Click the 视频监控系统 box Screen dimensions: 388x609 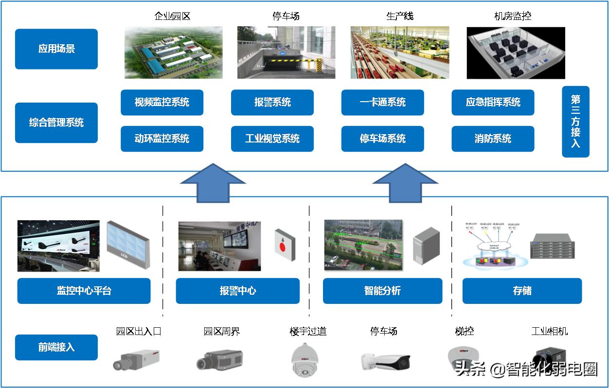tap(161, 102)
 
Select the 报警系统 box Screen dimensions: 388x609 tap(272, 102)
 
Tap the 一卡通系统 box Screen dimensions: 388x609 tap(382, 102)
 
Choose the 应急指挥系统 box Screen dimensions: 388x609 tap(493, 102)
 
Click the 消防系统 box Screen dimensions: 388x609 tap(493, 139)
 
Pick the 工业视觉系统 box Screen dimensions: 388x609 tap(272, 139)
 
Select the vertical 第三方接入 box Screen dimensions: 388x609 tap(575, 122)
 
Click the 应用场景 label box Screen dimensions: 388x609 tap(56, 49)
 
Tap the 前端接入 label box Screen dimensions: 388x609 tap(56, 347)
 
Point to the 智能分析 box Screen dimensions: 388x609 tap(382, 291)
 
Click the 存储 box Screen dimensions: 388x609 tap(522, 291)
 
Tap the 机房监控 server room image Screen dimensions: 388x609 tap(516, 53)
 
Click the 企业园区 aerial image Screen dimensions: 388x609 tap(174, 53)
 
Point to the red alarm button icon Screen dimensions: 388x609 tap(285, 245)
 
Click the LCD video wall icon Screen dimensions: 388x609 tap(128, 245)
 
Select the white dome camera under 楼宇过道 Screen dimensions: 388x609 tap(304, 360)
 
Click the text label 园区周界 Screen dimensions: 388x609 tap(222, 332)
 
